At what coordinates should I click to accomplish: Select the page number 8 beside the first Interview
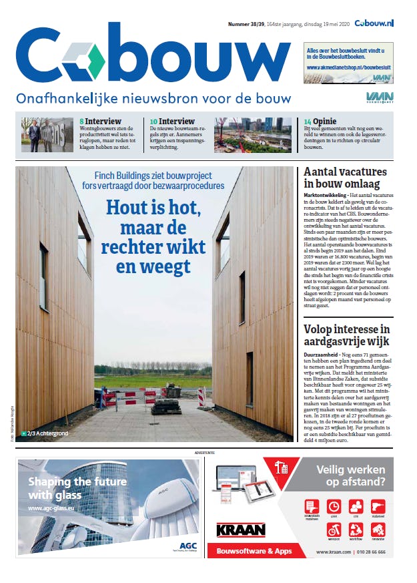[x=81, y=122]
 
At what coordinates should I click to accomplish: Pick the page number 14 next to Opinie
[x=307, y=122]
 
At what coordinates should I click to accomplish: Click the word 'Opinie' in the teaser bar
[x=326, y=122]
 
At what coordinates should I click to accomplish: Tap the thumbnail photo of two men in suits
[x=43, y=136]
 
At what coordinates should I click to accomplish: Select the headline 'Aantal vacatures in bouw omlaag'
[x=344, y=178]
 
